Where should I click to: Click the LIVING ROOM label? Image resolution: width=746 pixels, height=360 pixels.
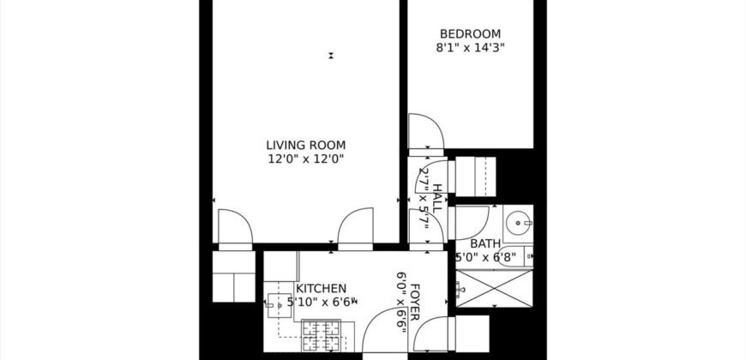tap(305, 145)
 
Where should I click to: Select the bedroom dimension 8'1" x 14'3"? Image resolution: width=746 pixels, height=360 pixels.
tap(469, 48)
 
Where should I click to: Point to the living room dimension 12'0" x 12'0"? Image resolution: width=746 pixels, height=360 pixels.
tap(305, 159)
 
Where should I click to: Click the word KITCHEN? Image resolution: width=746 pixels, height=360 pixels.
tap(322, 289)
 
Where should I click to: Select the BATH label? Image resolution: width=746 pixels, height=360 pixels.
tap(484, 243)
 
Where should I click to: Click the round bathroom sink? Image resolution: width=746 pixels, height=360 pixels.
tap(518, 225)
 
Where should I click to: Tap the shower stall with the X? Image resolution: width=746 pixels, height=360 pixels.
tap(493, 288)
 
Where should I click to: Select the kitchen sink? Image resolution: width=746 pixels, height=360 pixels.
tap(277, 303)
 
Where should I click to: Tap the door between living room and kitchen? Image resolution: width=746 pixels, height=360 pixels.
tap(355, 226)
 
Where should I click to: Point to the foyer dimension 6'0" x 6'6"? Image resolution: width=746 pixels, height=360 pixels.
tap(401, 300)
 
